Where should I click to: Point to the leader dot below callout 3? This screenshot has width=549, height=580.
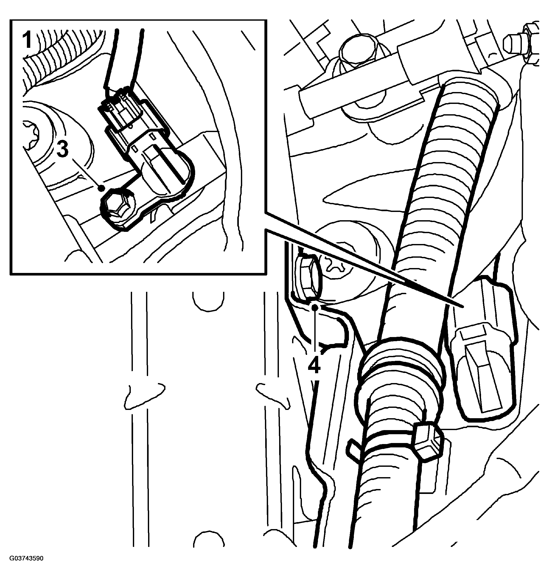pos(102,188)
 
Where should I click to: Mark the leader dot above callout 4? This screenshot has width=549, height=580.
pos(315,307)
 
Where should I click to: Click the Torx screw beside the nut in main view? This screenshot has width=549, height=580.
pos(335,267)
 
